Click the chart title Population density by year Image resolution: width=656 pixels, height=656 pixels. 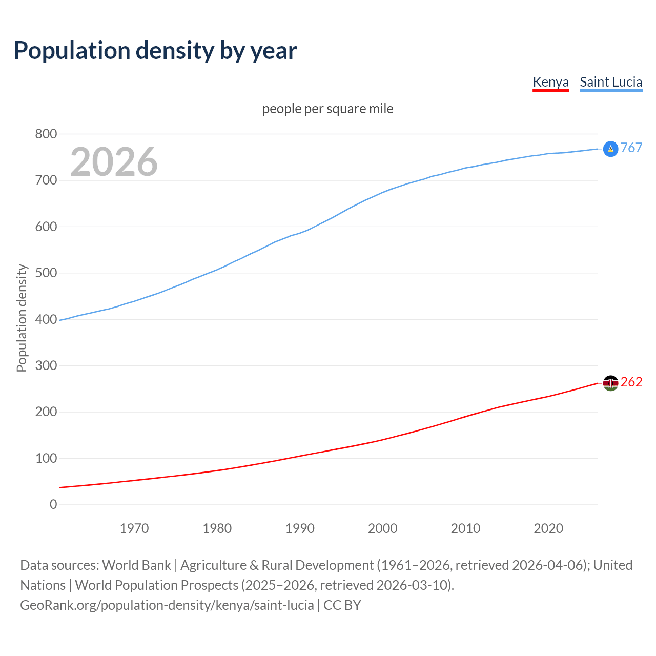pyautogui.click(x=155, y=50)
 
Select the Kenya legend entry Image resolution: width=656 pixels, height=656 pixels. pyautogui.click(x=550, y=82)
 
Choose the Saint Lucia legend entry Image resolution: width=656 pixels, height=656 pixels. pyautogui.click(x=611, y=82)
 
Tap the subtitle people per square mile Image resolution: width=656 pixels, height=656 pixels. pyautogui.click(x=328, y=109)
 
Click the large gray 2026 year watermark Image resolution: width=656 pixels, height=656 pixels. pyautogui.click(x=114, y=162)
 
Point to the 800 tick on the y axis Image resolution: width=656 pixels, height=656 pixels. pyautogui.click(x=46, y=134)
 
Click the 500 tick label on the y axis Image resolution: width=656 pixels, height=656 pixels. pyautogui.click(x=46, y=273)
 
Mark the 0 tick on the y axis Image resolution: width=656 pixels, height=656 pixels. pyautogui.click(x=53, y=504)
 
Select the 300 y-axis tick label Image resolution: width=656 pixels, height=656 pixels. pyautogui.click(x=46, y=365)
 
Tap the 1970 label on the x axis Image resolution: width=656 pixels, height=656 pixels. pyautogui.click(x=134, y=528)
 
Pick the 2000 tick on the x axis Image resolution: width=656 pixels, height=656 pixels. pyautogui.click(x=383, y=528)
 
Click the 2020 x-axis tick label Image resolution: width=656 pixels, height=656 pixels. pyautogui.click(x=548, y=528)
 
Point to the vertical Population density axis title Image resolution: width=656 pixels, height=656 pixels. pyautogui.click(x=22, y=318)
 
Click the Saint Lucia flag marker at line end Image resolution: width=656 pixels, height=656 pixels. pyautogui.click(x=610, y=149)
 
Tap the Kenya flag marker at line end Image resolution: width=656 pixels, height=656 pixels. pyautogui.click(x=610, y=383)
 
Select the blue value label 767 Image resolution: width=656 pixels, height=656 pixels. pyautogui.click(x=631, y=148)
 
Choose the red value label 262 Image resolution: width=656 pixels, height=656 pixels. pyautogui.click(x=631, y=382)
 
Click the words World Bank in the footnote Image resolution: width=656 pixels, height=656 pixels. pyautogui.click(x=136, y=565)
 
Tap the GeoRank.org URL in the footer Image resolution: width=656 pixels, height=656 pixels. pyautogui.click(x=167, y=605)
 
